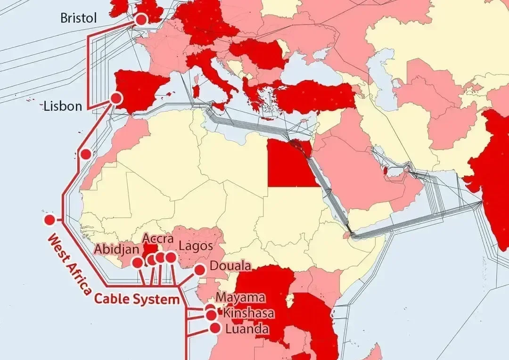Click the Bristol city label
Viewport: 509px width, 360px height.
(79, 18)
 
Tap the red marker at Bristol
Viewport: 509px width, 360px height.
(141, 20)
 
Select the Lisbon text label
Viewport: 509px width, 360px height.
(63, 106)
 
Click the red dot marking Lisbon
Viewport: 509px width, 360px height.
(115, 98)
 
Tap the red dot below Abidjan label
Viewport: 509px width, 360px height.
(138, 262)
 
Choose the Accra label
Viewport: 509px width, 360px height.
(155, 238)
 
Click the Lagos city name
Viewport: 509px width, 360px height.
(196, 245)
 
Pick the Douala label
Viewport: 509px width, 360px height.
(230, 266)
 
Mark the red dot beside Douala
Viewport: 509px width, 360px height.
(199, 270)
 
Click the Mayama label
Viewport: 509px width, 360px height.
(240, 298)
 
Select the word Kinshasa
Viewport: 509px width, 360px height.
(248, 313)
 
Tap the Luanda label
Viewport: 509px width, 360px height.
(247, 328)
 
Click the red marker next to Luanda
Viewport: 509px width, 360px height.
(215, 328)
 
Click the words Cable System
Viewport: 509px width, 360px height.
(137, 299)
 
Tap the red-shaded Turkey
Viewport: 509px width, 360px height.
(316, 97)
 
